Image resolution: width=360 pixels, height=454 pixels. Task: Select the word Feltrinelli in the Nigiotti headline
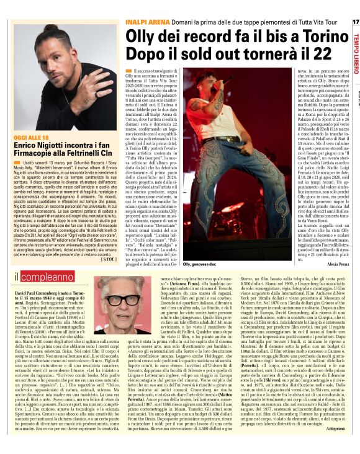click(x=82, y=152)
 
